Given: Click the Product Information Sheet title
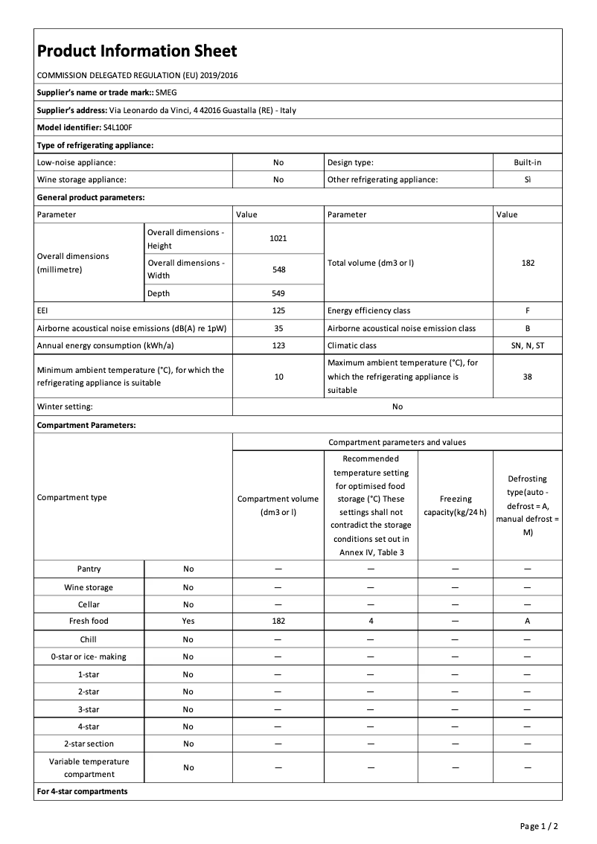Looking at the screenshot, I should (x=137, y=51).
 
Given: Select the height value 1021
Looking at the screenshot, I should (x=278, y=238).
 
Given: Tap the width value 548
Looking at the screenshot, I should (x=278, y=269).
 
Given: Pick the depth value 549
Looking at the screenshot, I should (x=278, y=293).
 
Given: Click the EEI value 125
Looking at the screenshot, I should (x=278, y=310).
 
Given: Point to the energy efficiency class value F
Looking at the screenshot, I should (x=528, y=310).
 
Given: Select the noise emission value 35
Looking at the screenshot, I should (x=278, y=328).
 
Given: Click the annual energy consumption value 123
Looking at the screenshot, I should (x=278, y=345).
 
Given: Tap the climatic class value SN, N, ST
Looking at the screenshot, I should (x=528, y=345).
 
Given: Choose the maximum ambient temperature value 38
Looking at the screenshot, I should (x=528, y=377).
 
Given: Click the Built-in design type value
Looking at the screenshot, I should (x=528, y=162).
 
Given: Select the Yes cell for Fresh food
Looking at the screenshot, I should (x=188, y=621).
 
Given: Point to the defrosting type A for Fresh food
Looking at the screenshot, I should (x=528, y=621).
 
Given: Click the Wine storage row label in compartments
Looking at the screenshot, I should (x=89, y=587).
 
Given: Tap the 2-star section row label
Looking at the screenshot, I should (x=89, y=744).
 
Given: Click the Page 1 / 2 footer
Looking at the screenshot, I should (x=539, y=826).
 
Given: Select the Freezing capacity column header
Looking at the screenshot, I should (x=455, y=505).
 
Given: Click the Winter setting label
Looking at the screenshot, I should (x=65, y=406).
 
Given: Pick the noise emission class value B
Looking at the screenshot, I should (x=528, y=328).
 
